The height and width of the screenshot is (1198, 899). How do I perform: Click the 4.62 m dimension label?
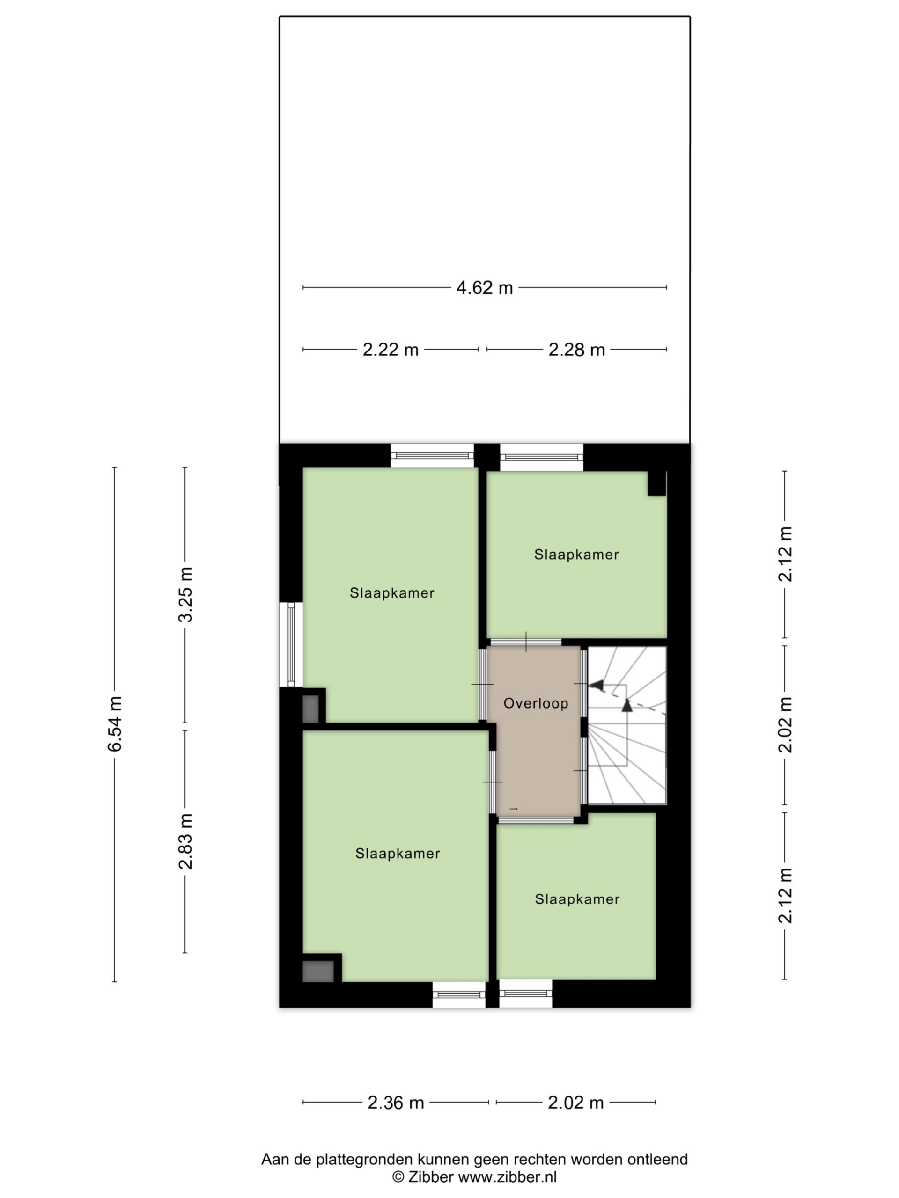484,288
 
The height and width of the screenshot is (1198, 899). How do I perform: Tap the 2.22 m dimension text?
390,350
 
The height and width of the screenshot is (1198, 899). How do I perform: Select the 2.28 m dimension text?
576,350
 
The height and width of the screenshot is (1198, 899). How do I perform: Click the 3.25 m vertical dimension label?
185,595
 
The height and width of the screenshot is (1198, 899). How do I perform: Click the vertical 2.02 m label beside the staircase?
785,724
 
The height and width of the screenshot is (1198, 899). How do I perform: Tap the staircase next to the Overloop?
626,724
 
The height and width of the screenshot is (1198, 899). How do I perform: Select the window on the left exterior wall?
291,644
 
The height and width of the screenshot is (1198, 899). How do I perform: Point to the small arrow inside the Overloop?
514,809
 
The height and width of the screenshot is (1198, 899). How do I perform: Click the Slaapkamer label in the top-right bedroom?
576,555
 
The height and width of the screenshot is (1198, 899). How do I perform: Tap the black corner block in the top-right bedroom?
657,483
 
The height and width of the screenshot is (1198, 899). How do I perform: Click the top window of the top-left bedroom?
433,455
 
